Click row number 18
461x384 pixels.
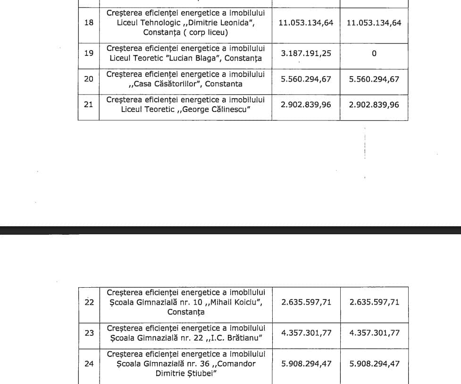click(89, 22)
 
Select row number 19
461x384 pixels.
click(89, 53)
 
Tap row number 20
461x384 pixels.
click(89, 79)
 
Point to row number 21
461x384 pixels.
click(89, 104)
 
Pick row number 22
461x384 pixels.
click(89, 302)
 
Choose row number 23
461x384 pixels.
click(89, 333)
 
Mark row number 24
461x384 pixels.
click(89, 364)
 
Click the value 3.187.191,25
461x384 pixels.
click(306, 53)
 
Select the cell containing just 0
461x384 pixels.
click(374, 53)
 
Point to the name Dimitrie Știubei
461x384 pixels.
click(186, 373)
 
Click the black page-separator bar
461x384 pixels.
click(230, 230)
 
